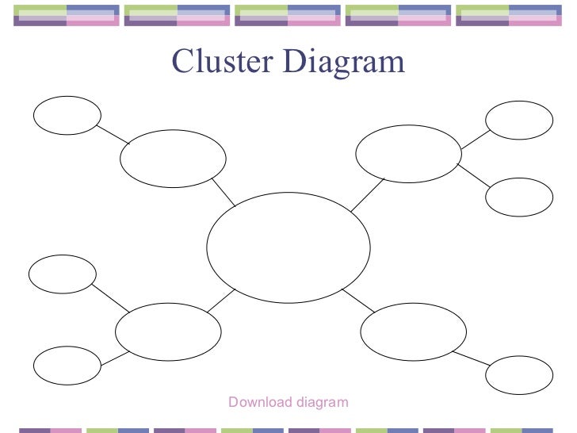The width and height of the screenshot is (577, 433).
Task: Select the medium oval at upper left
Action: click(x=173, y=159)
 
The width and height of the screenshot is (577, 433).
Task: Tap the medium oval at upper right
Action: click(x=408, y=153)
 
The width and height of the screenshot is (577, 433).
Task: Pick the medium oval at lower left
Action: click(x=168, y=331)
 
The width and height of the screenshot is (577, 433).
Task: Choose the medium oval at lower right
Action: click(x=413, y=332)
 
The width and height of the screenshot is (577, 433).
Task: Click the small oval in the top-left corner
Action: click(x=67, y=115)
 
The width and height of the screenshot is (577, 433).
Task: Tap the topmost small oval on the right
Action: click(x=519, y=121)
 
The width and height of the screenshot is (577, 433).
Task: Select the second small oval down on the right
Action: click(x=519, y=197)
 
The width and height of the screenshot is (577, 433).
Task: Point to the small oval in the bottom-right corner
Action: click(x=519, y=375)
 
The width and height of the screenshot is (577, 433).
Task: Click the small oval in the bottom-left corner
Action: click(x=67, y=366)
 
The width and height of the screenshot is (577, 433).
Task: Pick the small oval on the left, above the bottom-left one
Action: click(x=63, y=274)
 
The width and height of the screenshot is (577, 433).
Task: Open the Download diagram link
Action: click(x=288, y=402)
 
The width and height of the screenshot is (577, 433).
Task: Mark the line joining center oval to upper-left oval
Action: click(x=224, y=192)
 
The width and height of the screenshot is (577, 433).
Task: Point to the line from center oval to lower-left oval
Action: click(x=221, y=299)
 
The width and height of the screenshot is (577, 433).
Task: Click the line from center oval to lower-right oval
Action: click(x=358, y=301)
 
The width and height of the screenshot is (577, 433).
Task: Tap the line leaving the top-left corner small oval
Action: click(x=113, y=135)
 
